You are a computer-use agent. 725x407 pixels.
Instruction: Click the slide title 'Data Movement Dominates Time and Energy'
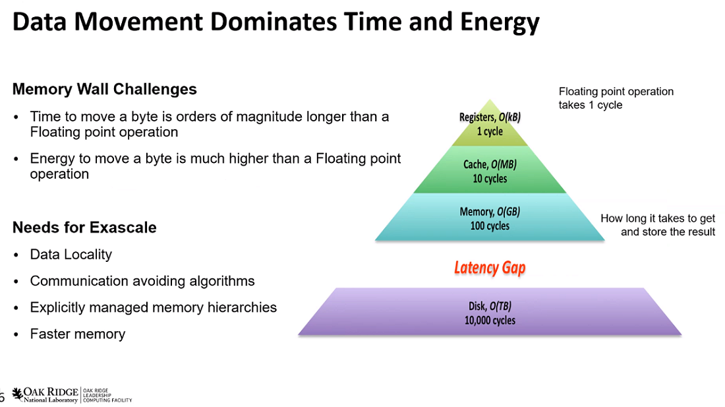click(x=276, y=22)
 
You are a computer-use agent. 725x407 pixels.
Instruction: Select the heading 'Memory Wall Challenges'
click(x=105, y=89)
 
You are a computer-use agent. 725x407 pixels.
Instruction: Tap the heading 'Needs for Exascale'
click(x=84, y=228)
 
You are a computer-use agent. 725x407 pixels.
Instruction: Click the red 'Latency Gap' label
click(x=490, y=268)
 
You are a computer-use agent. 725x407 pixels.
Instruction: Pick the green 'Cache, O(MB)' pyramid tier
click(x=490, y=170)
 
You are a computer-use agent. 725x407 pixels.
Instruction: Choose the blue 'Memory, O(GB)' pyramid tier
click(x=490, y=218)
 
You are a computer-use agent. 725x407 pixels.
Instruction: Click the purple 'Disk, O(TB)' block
click(x=490, y=312)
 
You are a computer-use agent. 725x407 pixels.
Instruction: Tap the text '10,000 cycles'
click(x=490, y=320)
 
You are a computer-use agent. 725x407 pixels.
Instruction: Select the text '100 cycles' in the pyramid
click(x=490, y=226)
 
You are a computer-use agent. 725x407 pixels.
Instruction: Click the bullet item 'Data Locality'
click(x=71, y=255)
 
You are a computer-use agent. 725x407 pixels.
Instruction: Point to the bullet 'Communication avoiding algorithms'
click(x=142, y=281)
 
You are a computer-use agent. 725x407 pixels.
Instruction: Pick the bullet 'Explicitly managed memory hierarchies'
click(x=154, y=307)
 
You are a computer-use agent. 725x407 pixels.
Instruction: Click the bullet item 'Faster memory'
click(x=78, y=334)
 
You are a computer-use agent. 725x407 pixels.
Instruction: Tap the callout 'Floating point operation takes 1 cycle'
click(x=616, y=98)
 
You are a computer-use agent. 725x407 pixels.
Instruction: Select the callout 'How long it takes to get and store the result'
click(x=658, y=225)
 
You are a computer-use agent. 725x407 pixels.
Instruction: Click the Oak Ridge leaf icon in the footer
click(x=18, y=394)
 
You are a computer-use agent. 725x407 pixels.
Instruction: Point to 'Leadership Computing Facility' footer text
click(x=107, y=395)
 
